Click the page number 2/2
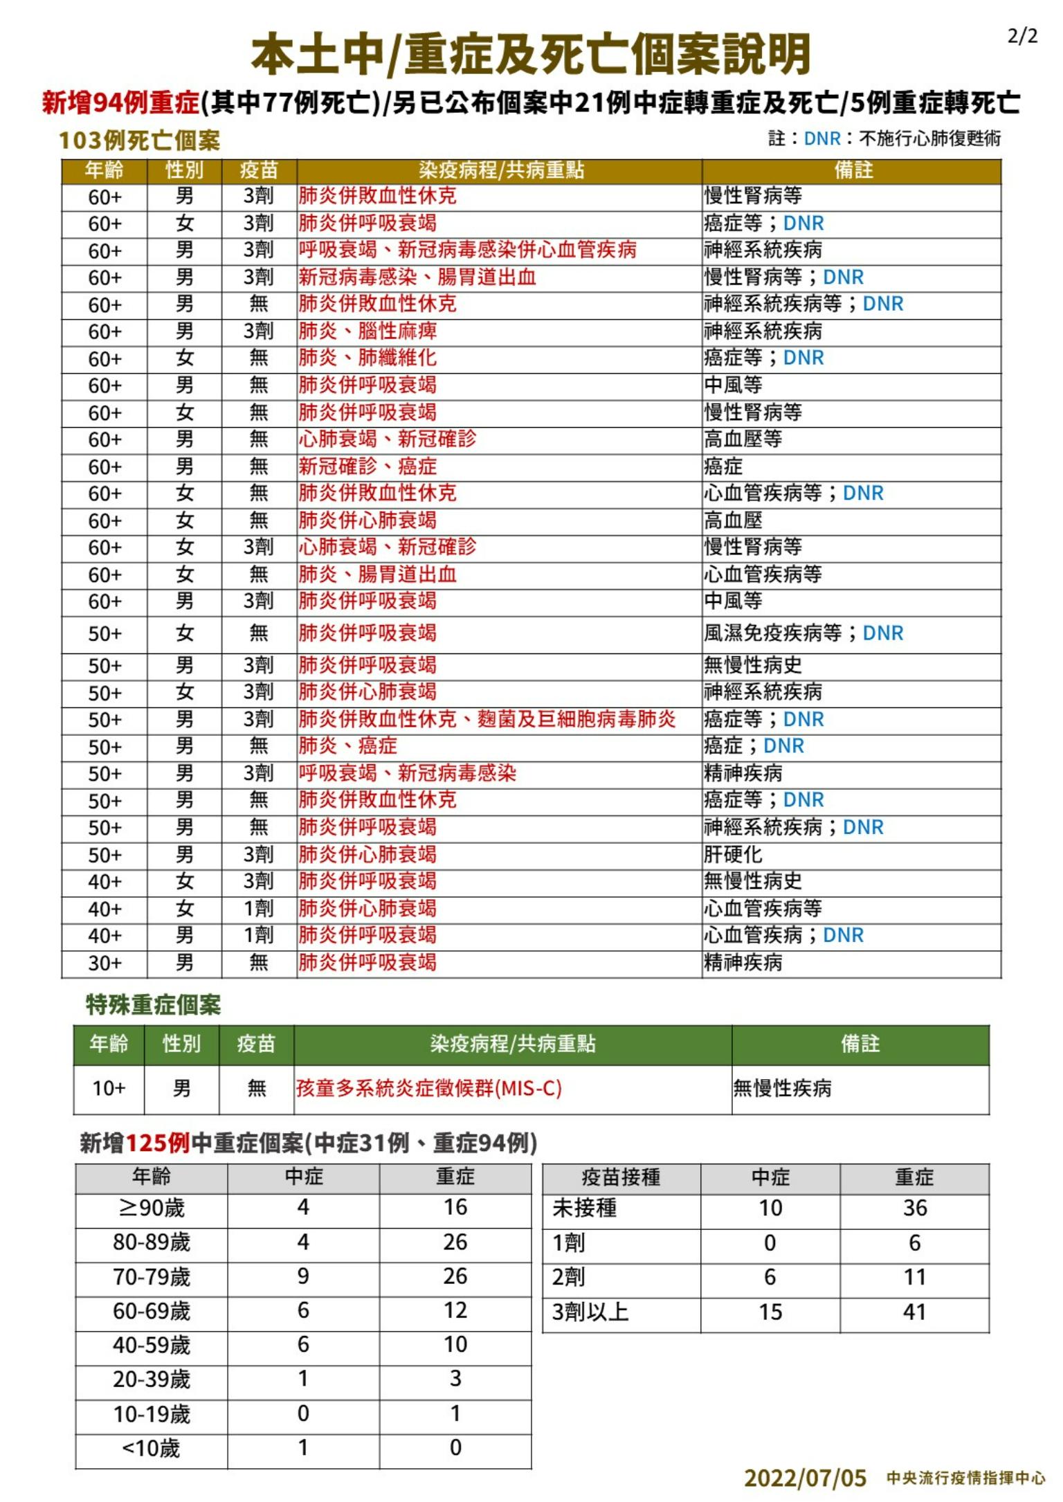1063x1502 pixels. [x=1022, y=36]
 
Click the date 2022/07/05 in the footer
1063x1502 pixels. [x=805, y=1478]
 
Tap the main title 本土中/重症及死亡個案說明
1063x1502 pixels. [x=531, y=55]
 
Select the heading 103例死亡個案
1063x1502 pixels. [x=139, y=141]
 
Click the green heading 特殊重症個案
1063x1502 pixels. [x=153, y=1004]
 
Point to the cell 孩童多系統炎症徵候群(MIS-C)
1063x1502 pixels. [x=429, y=1088]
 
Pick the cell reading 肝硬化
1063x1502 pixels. [x=733, y=854]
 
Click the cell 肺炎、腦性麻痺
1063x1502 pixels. [x=367, y=331]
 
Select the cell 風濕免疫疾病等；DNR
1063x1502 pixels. [x=803, y=633]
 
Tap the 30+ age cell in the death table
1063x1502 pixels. [x=105, y=963]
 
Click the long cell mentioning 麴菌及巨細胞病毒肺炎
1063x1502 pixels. [x=487, y=719]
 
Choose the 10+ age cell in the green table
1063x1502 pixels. [x=109, y=1088]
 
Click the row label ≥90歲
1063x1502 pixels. [x=152, y=1208]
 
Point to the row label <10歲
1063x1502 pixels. [x=151, y=1447]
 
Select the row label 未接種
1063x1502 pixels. [x=585, y=1208]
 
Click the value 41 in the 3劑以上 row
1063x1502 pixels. [x=914, y=1312]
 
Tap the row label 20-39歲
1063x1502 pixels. [x=152, y=1379]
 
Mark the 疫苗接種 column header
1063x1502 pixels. [x=621, y=1177]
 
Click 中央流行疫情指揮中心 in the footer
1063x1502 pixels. [x=965, y=1478]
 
